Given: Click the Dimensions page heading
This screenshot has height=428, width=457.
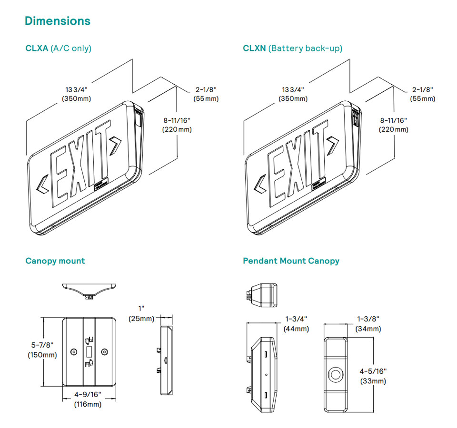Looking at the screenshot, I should point(58,21).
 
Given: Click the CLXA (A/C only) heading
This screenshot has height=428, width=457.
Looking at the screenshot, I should point(58,48).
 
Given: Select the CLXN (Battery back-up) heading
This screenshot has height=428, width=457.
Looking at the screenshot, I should point(292,48).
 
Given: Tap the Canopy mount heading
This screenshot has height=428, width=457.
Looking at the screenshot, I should point(55,261).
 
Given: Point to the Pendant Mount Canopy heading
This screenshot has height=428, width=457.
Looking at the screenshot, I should point(291,261).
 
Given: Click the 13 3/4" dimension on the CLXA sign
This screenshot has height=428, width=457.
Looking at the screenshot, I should point(76,94).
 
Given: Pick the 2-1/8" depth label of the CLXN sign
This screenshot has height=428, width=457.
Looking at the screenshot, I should point(422,94).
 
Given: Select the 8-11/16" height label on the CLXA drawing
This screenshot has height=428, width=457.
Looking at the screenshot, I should point(177,125).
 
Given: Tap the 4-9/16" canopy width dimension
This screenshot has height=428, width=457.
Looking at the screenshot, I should point(88,399).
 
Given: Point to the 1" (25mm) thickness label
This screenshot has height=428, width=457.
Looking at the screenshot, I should point(142,313).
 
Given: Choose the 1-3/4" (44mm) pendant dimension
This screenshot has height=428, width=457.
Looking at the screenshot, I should point(296,323).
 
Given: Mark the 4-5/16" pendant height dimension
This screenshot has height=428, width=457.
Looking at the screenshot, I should point(373,376).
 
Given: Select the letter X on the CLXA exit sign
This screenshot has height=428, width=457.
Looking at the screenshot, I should point(78,164).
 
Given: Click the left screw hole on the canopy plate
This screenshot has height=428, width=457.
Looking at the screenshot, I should point(73,352).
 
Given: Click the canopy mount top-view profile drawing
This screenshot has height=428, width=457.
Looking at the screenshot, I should point(89,290).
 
